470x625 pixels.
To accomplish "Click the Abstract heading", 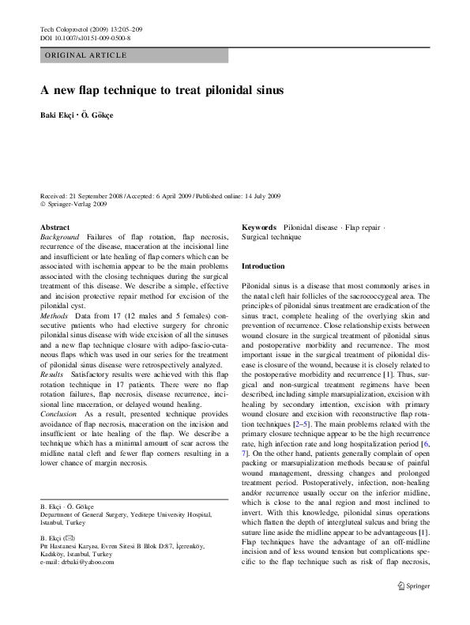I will [x=55, y=227].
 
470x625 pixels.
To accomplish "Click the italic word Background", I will [x=59, y=236].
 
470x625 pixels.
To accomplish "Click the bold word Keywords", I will [x=258, y=227].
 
